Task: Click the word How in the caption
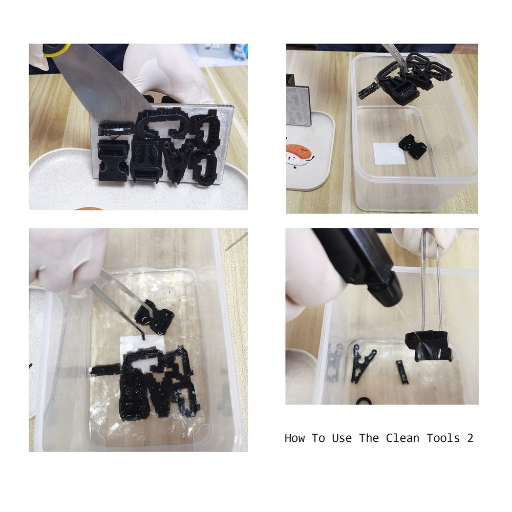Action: pos(295,438)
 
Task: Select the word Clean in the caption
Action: pos(402,438)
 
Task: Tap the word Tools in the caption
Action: pos(443,438)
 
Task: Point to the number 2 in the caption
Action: pos(470,438)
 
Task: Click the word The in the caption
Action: pos(369,438)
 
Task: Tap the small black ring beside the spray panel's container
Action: pos(364,401)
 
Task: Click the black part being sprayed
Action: pos(428,346)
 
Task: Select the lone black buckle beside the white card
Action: pos(412,146)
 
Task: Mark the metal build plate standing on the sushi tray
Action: pos(298,101)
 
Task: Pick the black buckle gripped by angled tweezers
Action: pos(154,317)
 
